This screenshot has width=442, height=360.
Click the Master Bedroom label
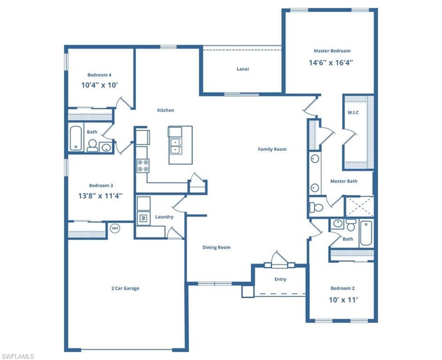click(x=332, y=51)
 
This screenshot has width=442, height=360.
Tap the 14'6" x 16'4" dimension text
click(x=331, y=62)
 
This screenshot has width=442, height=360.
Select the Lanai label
click(x=243, y=69)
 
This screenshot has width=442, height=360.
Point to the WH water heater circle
click(x=114, y=228)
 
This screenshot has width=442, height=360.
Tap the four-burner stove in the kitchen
click(x=143, y=165)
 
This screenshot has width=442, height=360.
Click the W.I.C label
click(x=353, y=112)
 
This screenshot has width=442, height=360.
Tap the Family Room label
click(x=272, y=149)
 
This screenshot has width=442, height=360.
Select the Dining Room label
click(x=216, y=247)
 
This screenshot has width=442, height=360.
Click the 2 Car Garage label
click(x=125, y=288)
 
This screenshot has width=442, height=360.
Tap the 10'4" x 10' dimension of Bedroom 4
click(x=99, y=85)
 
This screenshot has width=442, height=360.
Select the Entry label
click(x=280, y=279)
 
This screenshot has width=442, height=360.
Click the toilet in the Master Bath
click(x=317, y=207)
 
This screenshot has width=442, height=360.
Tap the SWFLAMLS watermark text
click(x=17, y=356)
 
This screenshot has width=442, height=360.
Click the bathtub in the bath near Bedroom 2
click(x=366, y=232)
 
